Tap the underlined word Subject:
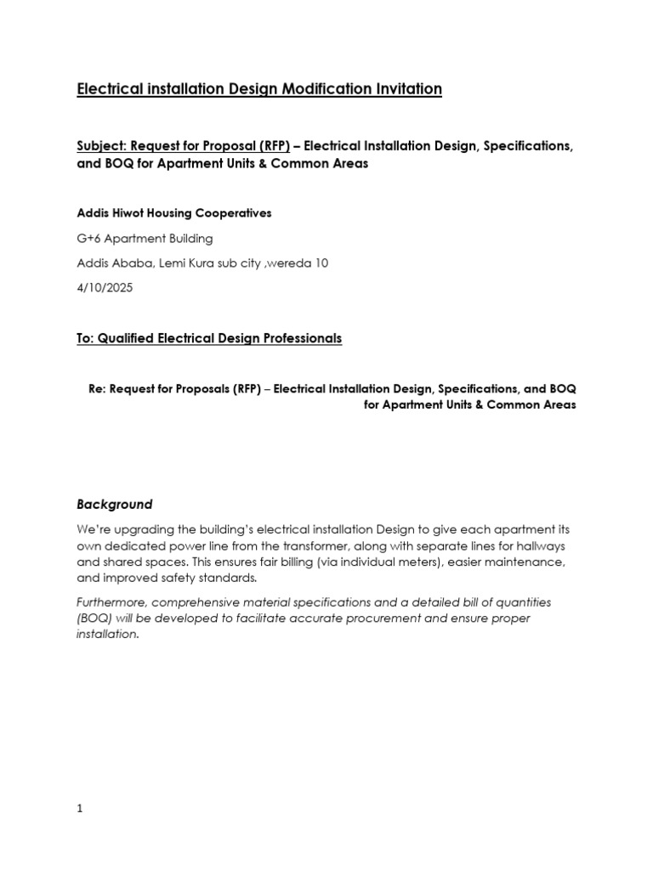click(x=101, y=146)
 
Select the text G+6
click(x=88, y=239)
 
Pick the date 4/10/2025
click(x=105, y=288)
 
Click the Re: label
click(x=97, y=388)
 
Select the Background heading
click(x=115, y=504)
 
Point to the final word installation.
click(x=106, y=635)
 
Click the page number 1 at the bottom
click(x=80, y=810)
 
